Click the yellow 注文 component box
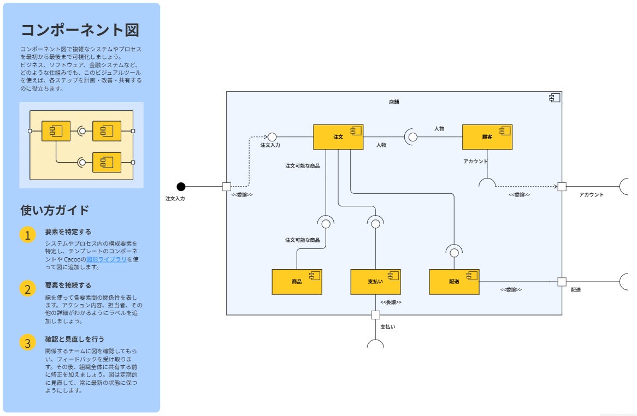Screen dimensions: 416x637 tap(338, 137)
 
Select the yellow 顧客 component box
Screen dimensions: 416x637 tap(487, 137)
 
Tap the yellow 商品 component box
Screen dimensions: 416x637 tap(297, 282)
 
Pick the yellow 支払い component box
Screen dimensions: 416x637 tap(375, 282)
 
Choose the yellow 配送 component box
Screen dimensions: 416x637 tap(454, 282)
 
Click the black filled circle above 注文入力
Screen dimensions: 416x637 tap(181, 187)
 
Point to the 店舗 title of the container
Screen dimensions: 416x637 tap(394, 102)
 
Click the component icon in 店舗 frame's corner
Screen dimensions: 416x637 tap(555, 98)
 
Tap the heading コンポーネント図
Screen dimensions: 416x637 tap(80, 29)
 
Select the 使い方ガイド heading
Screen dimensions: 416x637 tap(55, 210)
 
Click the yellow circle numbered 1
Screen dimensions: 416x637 tap(28, 235)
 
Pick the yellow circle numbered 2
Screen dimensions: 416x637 tap(28, 289)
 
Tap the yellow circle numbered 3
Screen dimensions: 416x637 tap(28, 343)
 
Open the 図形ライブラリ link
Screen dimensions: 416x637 tap(107, 259)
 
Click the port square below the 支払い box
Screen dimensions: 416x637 tap(375, 315)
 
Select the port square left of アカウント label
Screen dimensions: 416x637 tap(562, 187)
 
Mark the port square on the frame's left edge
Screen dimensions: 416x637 tap(227, 187)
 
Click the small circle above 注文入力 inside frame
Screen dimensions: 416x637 tap(272, 136)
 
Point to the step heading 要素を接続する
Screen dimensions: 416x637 tap(68, 285)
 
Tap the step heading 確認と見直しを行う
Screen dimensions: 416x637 tap(74, 339)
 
